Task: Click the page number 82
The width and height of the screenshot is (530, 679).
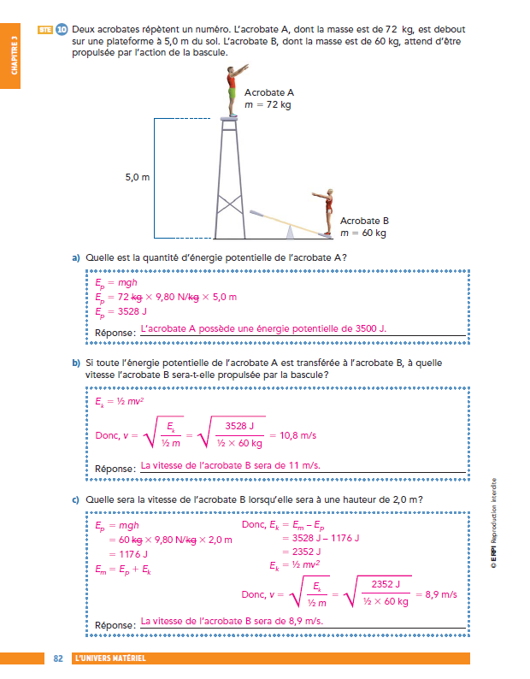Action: pyautogui.click(x=58, y=658)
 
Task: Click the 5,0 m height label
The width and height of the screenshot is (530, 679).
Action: pyautogui.click(x=137, y=178)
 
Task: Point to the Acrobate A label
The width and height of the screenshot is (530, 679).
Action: pyautogui.click(x=269, y=92)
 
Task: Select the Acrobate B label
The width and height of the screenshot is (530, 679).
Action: pyautogui.click(x=364, y=220)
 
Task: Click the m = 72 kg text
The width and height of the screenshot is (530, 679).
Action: pyautogui.click(x=268, y=104)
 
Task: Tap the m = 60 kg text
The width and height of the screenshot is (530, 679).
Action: pyautogui.click(x=363, y=233)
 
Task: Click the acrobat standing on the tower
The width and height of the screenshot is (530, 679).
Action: pyautogui.click(x=232, y=89)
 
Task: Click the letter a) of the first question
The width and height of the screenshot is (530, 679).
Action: pyautogui.click(x=76, y=258)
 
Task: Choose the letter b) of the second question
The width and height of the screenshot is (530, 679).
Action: pyautogui.click(x=76, y=363)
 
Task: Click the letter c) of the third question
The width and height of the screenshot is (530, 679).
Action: pyautogui.click(x=76, y=500)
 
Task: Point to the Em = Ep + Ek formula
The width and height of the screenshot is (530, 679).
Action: pyautogui.click(x=124, y=567)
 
